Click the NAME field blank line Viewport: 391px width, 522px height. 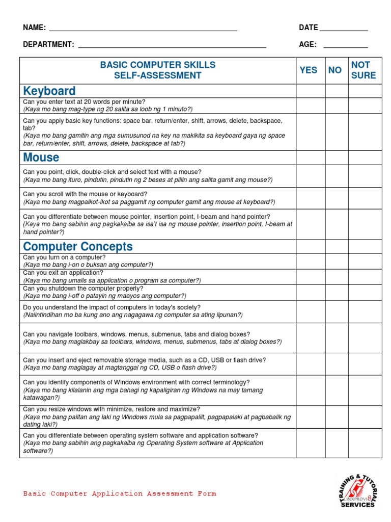tap(143, 29)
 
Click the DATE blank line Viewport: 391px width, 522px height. tap(344, 29)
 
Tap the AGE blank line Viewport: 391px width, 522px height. tap(346, 46)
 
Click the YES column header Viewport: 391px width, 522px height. tap(309, 70)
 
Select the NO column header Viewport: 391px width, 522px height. tap(335, 70)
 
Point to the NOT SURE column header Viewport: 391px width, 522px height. tap(364, 70)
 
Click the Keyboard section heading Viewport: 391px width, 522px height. tap(49, 91)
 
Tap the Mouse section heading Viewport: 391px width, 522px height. tap(41, 157)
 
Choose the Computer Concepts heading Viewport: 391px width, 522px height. tap(78, 247)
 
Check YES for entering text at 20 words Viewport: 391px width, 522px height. tap(310, 106)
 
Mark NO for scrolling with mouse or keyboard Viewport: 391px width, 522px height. tap(336, 198)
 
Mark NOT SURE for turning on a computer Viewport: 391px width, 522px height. tap(365, 261)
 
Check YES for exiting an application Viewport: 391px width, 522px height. tap(310, 276)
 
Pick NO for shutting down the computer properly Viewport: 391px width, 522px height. tap(336, 292)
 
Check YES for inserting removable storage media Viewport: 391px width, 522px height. tap(310, 364)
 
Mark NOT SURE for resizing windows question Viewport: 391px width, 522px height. tap(365, 416)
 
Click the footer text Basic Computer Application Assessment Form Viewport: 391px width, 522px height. tap(120, 493)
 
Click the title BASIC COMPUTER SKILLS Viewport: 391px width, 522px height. tap(157, 65)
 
